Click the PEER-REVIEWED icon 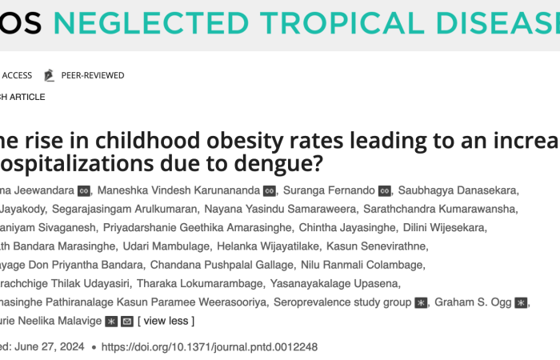(49, 75)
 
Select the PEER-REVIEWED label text (93, 75)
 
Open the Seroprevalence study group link (342, 302)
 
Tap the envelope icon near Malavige (126, 322)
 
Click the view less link (166, 322)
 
